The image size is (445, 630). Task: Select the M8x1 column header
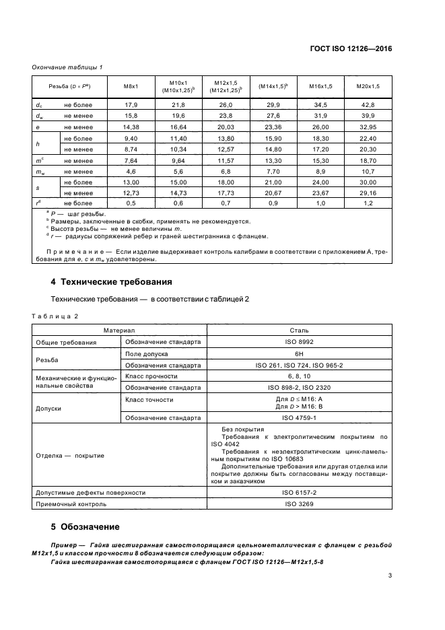[131, 87]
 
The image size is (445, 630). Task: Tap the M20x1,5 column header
[368, 87]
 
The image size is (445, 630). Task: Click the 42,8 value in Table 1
[368, 105]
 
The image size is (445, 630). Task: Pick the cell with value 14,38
[131, 127]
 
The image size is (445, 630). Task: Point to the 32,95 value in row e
[368, 127]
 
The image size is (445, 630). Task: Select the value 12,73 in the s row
[131, 193]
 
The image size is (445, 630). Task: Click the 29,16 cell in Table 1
[368, 193]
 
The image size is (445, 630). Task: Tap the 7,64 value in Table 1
[131, 160]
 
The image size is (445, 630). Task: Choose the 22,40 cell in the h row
[368, 138]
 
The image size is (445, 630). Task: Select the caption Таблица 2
[56, 316]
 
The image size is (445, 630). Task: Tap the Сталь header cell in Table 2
[299, 331]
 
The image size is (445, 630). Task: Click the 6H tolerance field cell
[299, 353]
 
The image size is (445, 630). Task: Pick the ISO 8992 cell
[299, 342]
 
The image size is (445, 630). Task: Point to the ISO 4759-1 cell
[299, 418]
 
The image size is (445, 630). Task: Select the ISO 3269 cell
[299, 503]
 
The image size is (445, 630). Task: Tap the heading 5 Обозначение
[85, 526]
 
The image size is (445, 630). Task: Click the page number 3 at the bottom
[390, 575]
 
